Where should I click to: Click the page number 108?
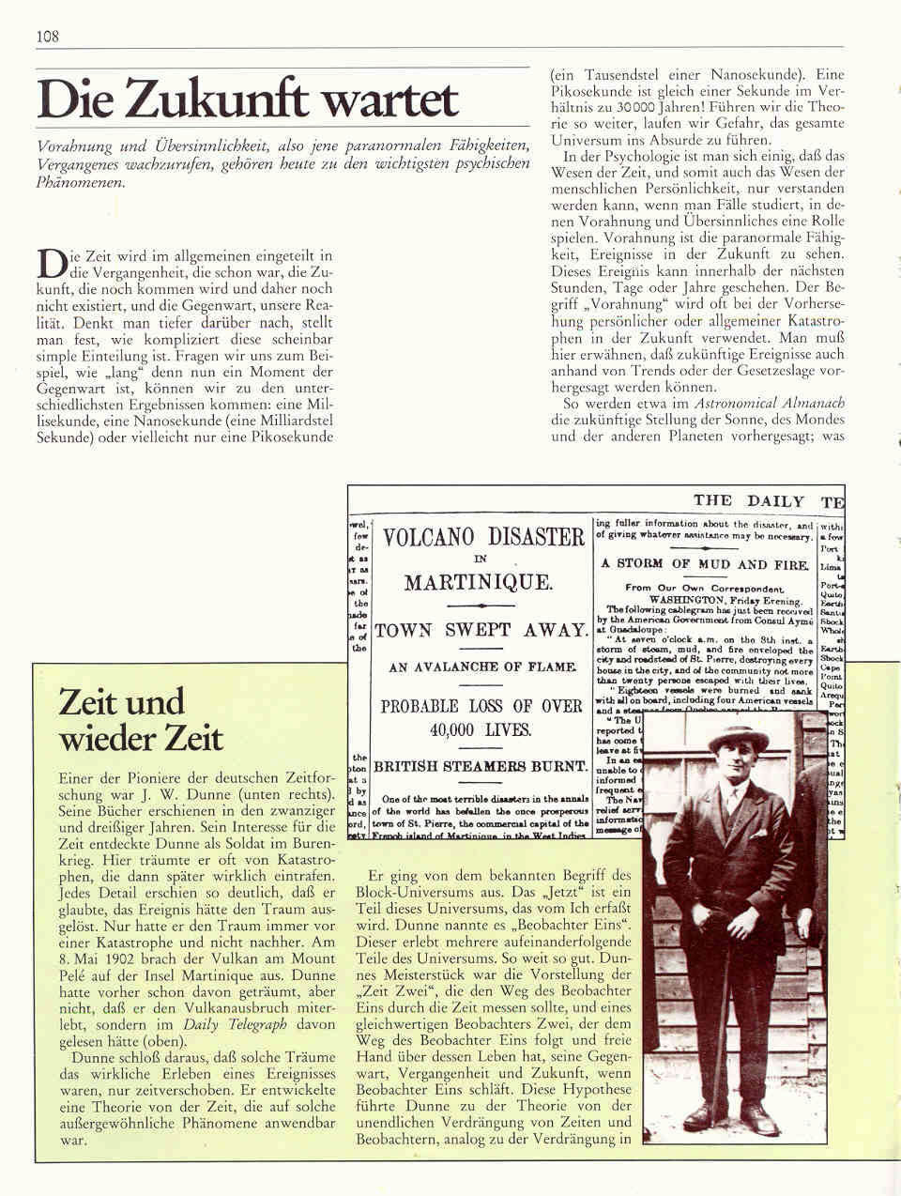pos(48,36)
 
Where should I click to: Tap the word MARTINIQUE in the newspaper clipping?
pos(479,582)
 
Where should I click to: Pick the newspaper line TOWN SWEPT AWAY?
pos(481,630)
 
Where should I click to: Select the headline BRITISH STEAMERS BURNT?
pos(481,766)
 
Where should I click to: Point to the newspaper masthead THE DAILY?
pos(748,501)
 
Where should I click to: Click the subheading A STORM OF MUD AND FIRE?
pos(705,564)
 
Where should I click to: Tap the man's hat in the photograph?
pos(738,738)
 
